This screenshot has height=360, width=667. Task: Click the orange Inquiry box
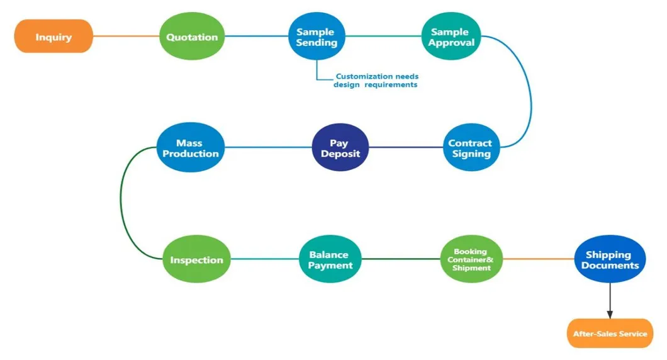pyautogui.click(x=53, y=37)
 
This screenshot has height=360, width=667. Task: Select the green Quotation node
pyautogui.click(x=192, y=37)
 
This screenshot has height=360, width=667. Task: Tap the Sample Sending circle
pyautogui.click(x=317, y=37)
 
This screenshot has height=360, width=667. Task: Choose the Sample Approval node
pyautogui.click(x=449, y=37)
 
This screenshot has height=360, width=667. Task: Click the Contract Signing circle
pyautogui.click(x=471, y=148)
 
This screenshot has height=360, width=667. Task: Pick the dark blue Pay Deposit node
pyautogui.click(x=339, y=148)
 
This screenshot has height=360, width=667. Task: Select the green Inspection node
pyautogui.click(x=196, y=259)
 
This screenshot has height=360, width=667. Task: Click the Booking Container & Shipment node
pyautogui.click(x=471, y=259)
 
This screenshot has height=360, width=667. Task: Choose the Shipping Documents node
pyautogui.click(x=609, y=259)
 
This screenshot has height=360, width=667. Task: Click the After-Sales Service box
pyautogui.click(x=609, y=334)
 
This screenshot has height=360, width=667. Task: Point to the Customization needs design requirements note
pyautogui.click(x=376, y=81)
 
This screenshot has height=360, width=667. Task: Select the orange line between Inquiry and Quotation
pyautogui.click(x=126, y=37)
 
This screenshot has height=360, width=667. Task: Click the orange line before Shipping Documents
pyautogui.click(x=539, y=259)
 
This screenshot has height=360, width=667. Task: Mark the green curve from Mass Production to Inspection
pyautogui.click(x=122, y=201)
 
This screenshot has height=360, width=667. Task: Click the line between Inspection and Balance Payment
pyautogui.click(x=264, y=259)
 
